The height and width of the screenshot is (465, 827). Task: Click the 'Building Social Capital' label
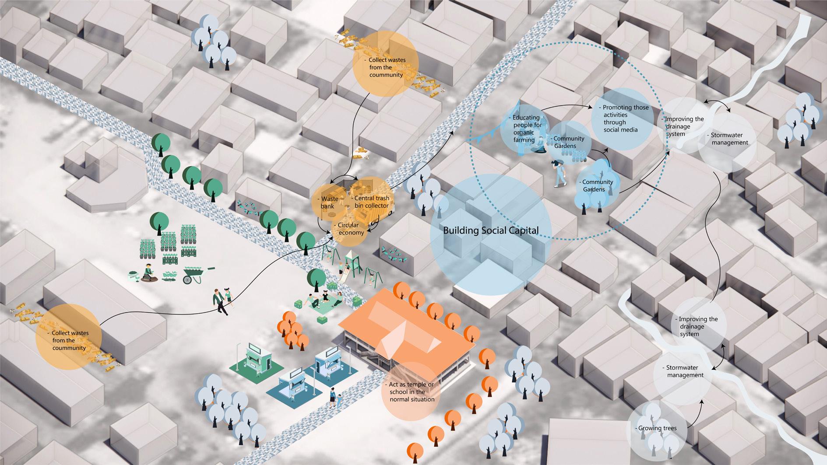491,231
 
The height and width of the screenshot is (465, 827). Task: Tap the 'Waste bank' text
329,203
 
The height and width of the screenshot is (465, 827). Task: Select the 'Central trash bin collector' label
371,202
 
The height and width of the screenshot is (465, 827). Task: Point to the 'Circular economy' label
350,229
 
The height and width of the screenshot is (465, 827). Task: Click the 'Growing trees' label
657,428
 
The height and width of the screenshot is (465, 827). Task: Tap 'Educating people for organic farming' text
527,129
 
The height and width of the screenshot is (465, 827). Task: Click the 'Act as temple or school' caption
411,392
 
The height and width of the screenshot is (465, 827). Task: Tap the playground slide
350,266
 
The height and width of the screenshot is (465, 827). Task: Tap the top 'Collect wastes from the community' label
385,67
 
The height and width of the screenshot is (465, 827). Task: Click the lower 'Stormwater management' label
685,371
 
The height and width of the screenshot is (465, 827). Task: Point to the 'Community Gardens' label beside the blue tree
597,185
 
